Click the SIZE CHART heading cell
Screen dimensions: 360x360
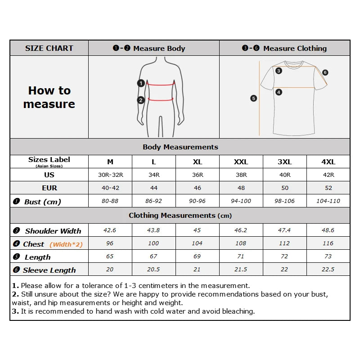[49, 48]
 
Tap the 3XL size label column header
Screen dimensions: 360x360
[284, 162]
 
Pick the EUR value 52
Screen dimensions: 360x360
[328, 188]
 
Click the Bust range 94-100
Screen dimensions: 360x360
[241, 201]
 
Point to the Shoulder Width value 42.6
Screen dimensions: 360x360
[110, 230]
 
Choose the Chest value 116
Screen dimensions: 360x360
[328, 243]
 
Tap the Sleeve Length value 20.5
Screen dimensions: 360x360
[153, 269]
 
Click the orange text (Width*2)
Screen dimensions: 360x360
[66, 244]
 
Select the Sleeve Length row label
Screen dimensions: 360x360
[49, 270]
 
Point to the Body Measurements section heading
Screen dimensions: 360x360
[180, 147]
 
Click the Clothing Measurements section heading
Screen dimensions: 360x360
[180, 216]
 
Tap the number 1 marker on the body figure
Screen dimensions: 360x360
[141, 83]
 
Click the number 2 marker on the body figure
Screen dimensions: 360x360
[141, 100]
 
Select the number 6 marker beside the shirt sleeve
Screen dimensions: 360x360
[325, 72]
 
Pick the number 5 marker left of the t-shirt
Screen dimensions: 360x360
[254, 98]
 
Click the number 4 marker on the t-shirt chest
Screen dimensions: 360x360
[279, 92]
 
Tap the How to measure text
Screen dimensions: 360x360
[49, 97]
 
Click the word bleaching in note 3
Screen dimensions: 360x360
[239, 311]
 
